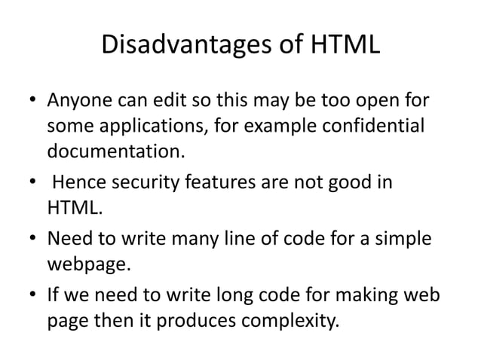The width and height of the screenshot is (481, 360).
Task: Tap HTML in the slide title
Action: coord(338,46)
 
